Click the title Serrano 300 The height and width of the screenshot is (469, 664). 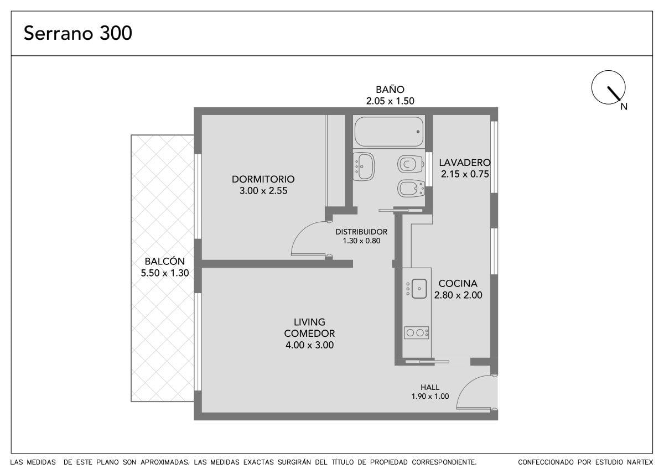click(x=78, y=33)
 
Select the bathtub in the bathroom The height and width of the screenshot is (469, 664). click(x=389, y=132)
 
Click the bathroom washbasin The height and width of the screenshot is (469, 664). click(x=364, y=166)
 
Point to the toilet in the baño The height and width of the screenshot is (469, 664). click(x=410, y=164)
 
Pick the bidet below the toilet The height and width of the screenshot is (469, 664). click(x=411, y=189)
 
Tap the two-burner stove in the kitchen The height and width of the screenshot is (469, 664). click(x=417, y=333)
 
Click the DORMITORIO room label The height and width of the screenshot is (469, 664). click(x=263, y=179)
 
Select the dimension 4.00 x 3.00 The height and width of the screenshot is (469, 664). click(x=309, y=345)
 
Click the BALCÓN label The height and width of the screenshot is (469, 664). click(x=165, y=261)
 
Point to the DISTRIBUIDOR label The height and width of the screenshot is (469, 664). click(x=361, y=232)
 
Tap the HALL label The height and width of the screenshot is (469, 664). click(x=430, y=387)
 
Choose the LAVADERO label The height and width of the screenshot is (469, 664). click(x=465, y=163)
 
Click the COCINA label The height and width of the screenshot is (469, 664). click(x=458, y=284)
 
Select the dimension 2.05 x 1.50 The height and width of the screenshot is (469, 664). click(x=390, y=101)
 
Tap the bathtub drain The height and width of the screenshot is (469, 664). click(x=418, y=132)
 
